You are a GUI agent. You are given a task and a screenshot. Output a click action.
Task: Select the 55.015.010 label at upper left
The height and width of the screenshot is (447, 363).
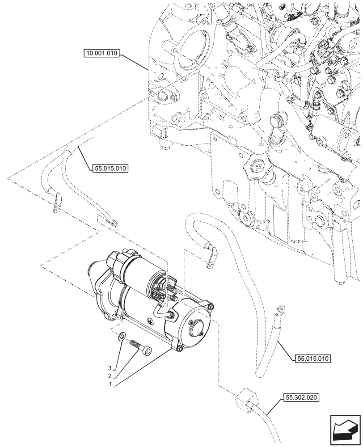(110, 169)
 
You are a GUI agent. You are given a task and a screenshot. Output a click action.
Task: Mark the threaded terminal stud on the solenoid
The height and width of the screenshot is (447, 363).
(172, 288)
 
